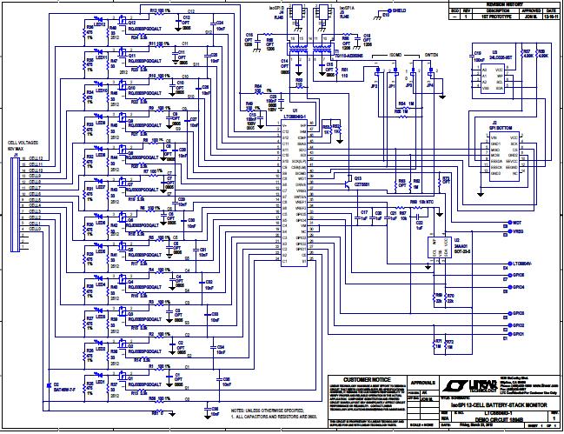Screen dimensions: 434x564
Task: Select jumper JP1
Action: [392, 85]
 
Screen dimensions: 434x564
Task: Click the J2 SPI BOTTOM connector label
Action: [493, 125]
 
